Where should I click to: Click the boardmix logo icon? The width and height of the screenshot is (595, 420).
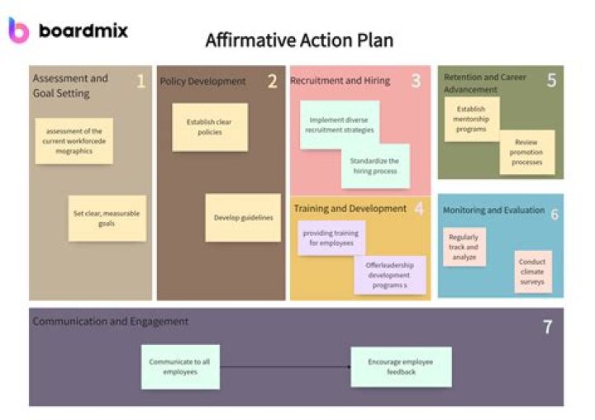point(18,30)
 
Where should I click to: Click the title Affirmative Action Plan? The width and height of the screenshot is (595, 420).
point(299,40)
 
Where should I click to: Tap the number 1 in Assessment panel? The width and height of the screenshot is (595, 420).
point(140,81)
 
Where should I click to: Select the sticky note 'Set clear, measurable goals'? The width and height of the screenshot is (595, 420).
point(107,218)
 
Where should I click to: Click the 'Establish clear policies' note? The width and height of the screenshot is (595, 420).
point(209,127)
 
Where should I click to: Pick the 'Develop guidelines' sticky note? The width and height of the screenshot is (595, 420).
point(243,218)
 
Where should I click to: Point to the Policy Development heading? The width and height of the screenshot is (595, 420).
point(202,81)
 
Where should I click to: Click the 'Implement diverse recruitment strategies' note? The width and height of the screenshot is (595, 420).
point(339,125)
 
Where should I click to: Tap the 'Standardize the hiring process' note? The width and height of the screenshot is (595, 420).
point(374,166)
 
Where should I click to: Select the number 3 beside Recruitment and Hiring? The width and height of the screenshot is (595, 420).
point(416,81)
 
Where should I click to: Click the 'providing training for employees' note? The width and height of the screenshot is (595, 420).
point(331,238)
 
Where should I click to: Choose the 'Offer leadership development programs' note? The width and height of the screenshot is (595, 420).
point(389,275)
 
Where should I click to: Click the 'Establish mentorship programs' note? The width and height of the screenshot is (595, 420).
point(471,119)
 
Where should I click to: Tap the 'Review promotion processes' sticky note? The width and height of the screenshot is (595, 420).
point(527,152)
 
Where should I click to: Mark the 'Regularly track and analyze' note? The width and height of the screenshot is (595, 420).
point(463,247)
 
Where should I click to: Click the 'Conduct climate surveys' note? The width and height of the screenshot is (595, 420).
point(532,271)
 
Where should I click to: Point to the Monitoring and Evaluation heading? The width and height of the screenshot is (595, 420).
point(493,210)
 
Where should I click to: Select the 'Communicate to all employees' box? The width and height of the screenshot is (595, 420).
point(179,366)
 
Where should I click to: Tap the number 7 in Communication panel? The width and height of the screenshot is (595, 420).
point(547,327)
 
